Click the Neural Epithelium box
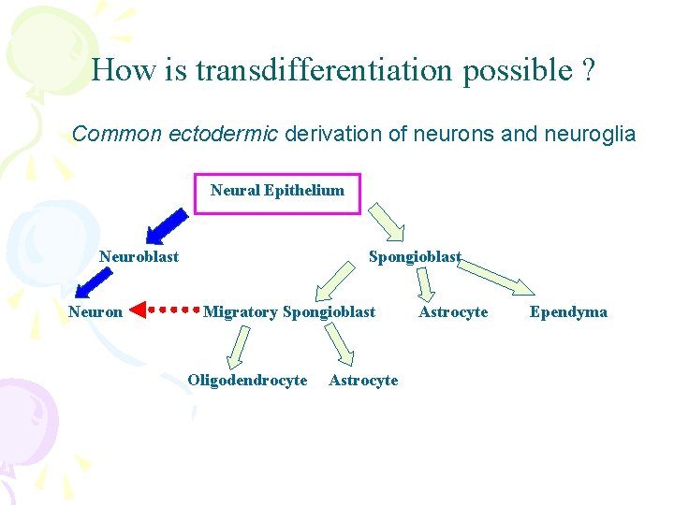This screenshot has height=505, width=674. tap(277, 192)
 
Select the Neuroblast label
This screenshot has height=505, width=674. tap(139, 256)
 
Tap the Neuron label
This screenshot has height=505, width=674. tap(95, 312)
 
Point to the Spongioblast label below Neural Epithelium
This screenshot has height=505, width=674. tap(415, 256)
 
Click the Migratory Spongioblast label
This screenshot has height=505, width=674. tap(289, 312)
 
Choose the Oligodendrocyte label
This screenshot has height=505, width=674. tap(247, 381)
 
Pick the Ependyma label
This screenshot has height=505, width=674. tap(568, 312)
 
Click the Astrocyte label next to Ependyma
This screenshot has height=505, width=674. tap(453, 312)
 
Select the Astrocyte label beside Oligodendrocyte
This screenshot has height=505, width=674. tap(363, 381)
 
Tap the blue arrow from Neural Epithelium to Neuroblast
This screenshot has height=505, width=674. tap(167, 225)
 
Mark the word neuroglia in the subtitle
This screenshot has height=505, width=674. tap(589, 135)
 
